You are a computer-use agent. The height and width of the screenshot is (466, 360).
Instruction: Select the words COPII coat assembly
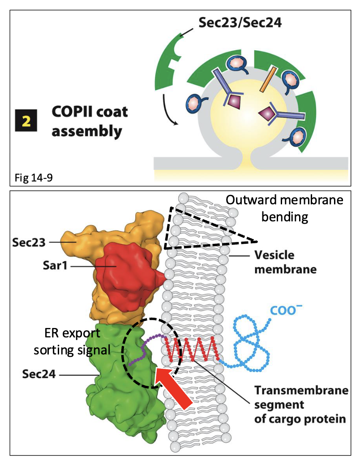[x=90, y=121]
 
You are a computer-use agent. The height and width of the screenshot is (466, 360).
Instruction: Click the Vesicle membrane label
[x=286, y=262]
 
